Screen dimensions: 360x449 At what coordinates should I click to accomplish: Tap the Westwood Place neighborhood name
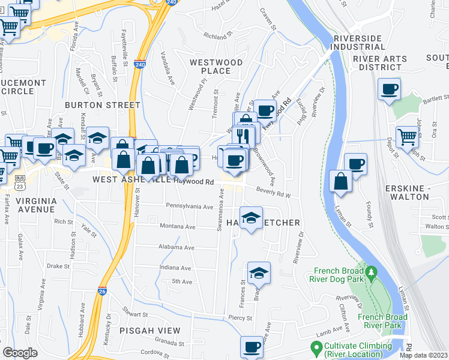tap(216, 67)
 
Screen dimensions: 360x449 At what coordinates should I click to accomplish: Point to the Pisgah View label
tap(149, 331)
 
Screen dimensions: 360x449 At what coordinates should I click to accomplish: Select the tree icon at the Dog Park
tap(372, 273)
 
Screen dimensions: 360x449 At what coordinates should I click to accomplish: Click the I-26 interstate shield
tap(103, 293)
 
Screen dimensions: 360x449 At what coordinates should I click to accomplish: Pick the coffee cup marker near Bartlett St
tap(390, 89)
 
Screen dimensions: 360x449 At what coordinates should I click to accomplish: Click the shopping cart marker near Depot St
tap(408, 137)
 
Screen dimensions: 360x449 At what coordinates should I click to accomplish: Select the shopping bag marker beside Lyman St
tap(341, 181)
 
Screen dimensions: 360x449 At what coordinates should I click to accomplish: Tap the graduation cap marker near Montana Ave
tap(252, 217)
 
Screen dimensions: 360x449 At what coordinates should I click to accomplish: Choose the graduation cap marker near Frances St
tap(259, 272)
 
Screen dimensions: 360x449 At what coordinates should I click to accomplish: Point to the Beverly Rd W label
tap(273, 192)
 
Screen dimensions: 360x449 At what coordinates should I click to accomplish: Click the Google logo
tap(20, 353)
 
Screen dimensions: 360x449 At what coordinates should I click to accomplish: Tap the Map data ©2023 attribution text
tap(423, 355)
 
